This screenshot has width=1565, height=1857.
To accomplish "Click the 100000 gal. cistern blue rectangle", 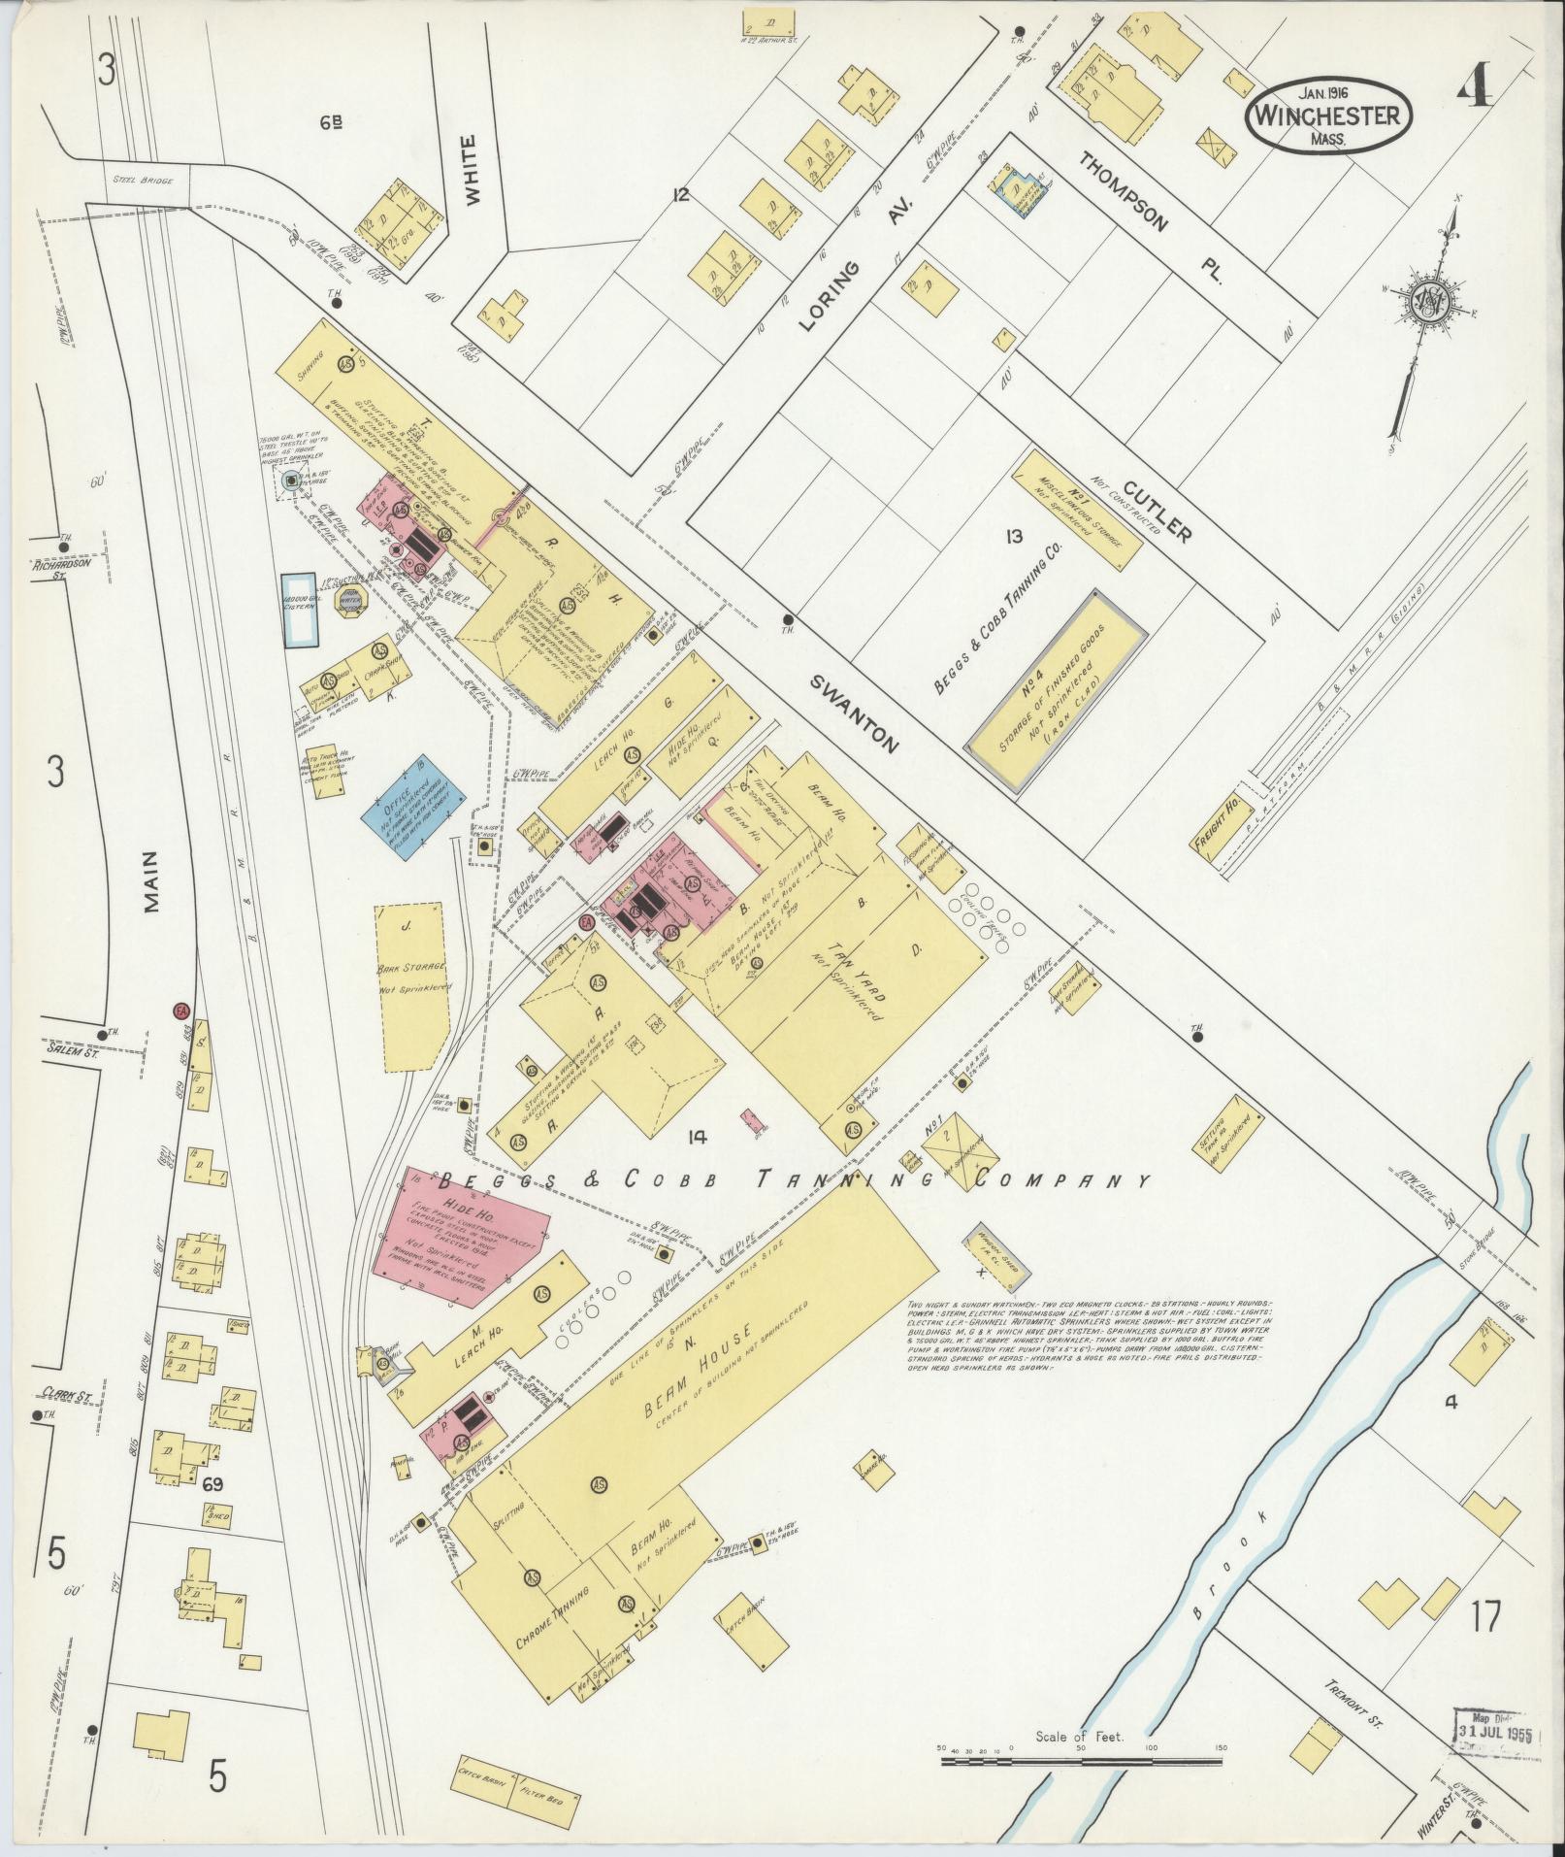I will [x=300, y=610].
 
